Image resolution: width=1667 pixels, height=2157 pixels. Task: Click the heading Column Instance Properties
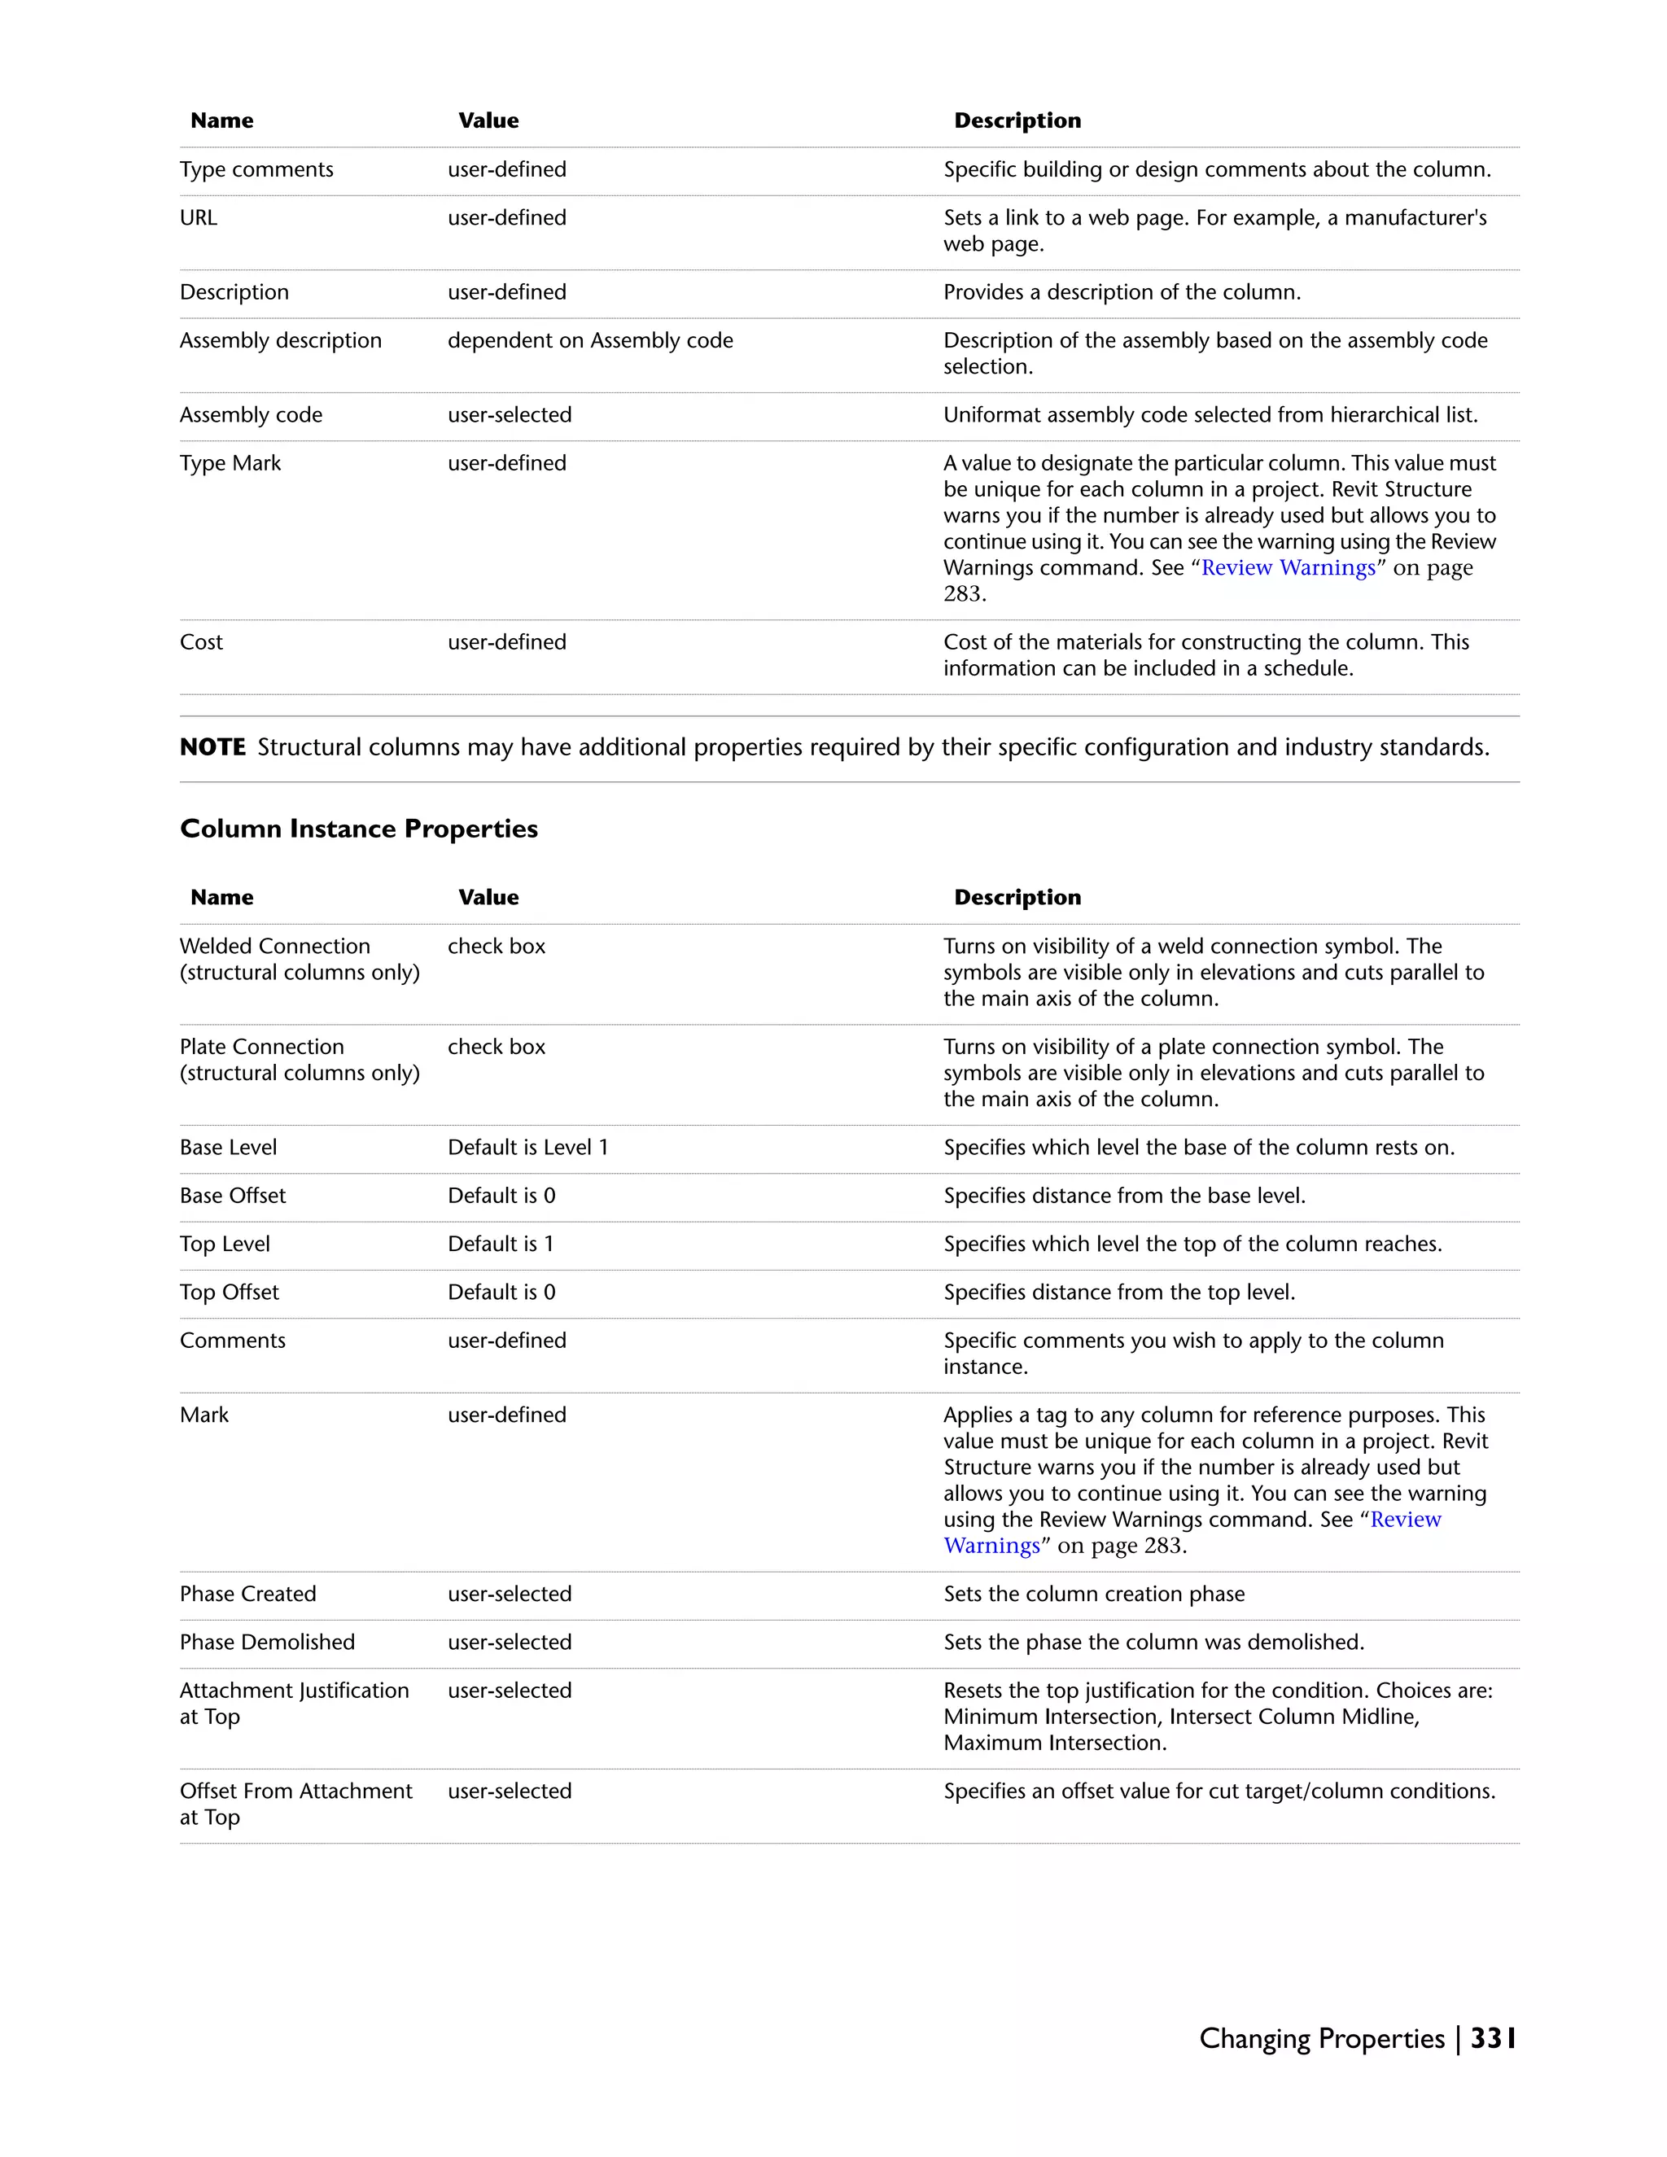(358, 829)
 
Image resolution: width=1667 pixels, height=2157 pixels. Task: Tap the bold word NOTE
(212, 748)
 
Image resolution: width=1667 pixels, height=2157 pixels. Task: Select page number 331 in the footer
(1492, 2038)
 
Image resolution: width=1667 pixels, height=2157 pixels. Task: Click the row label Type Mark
(230, 463)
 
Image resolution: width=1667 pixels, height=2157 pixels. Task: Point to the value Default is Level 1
(527, 1148)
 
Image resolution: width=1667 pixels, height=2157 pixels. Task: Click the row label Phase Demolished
(267, 1643)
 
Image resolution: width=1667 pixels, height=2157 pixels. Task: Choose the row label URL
(199, 218)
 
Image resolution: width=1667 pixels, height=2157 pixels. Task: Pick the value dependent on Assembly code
(589, 341)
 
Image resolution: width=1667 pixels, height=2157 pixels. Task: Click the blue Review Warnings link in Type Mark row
(1288, 568)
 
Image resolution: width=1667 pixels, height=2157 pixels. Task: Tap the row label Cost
(202, 642)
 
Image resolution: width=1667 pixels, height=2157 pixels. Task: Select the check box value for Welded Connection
(496, 946)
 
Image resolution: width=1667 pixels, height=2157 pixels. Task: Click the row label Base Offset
(232, 1196)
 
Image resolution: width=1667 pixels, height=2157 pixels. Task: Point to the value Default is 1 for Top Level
(501, 1245)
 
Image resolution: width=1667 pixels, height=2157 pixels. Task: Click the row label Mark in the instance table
(204, 1415)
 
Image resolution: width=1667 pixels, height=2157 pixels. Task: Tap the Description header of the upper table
(1017, 120)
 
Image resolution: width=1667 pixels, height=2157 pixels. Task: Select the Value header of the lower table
(488, 898)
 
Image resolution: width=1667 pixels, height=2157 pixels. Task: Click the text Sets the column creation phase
(1093, 1594)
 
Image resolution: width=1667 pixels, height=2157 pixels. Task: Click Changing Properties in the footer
(1321, 2038)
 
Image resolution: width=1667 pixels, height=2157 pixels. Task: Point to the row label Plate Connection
(262, 1047)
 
